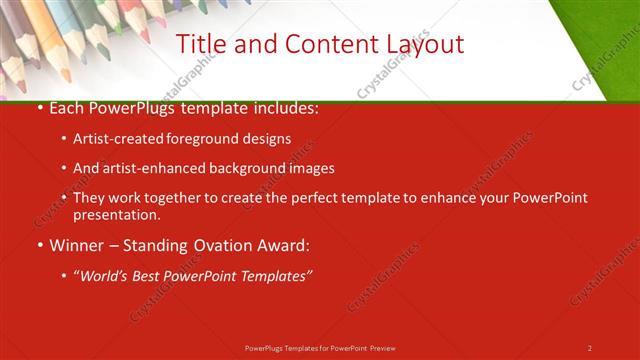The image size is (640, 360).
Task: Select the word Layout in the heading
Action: [x=420, y=44]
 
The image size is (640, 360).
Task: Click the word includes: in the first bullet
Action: [x=284, y=108]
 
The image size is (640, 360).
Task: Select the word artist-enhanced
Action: [x=157, y=168]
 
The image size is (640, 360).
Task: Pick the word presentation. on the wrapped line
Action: [x=116, y=214]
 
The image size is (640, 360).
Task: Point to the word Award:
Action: [x=283, y=244]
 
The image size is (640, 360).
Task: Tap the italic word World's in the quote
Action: [x=105, y=274]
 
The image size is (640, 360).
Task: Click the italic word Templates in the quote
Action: [x=274, y=274]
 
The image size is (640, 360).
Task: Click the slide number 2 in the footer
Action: [x=590, y=348]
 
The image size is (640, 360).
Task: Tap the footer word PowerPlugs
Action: [x=266, y=348]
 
